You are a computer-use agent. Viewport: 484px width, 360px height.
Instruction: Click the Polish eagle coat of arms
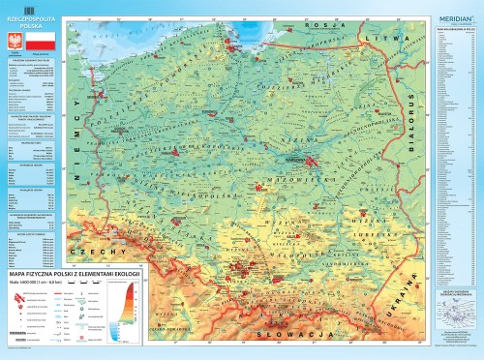pos(14,45)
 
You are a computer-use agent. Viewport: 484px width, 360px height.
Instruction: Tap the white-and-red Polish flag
pos(40,45)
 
